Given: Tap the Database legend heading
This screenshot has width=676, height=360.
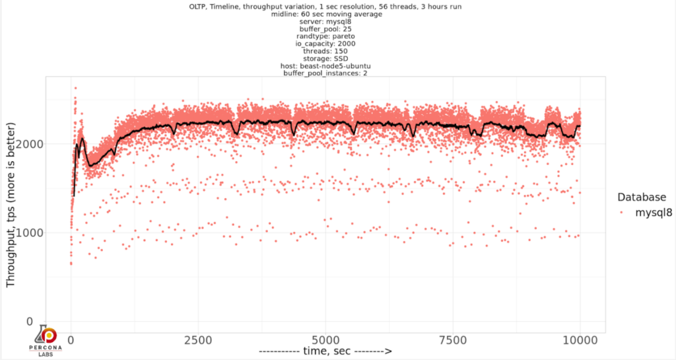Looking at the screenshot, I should point(640,197).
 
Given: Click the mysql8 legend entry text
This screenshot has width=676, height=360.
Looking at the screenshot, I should point(654,213).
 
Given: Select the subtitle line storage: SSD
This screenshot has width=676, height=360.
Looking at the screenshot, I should point(325,57).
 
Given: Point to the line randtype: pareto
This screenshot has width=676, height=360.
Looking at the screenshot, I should point(325,36).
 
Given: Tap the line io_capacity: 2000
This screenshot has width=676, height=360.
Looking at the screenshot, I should point(325,43).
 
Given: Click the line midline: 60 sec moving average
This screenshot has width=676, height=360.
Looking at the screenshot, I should point(325,14).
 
